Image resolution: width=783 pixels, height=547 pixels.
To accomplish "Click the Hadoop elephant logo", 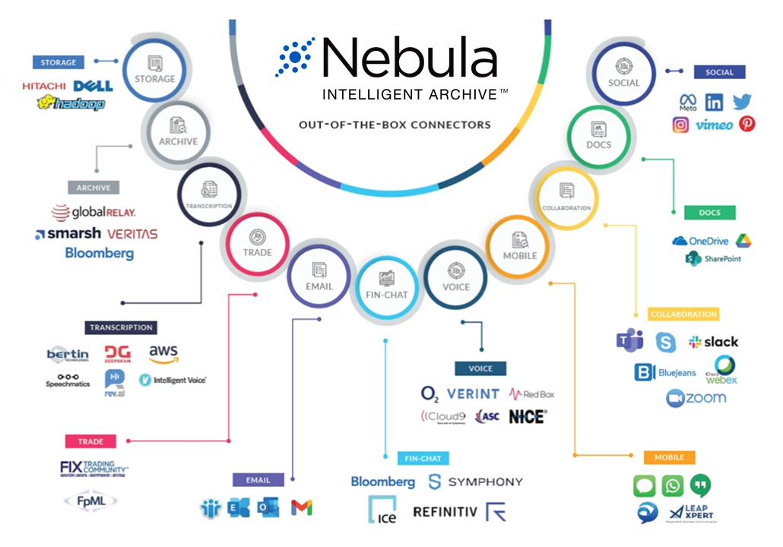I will coord(70,103).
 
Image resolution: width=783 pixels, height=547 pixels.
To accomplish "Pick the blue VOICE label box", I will coord(480,368).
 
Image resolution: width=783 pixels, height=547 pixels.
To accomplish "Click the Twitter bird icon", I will coord(742,102).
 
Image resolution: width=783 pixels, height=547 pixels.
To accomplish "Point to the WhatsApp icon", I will coord(672,485).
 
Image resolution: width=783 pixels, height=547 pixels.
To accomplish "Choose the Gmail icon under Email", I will coord(302,508).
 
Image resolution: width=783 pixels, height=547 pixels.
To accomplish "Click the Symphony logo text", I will coord(476,482).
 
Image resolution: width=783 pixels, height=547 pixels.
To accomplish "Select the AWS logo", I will coord(163,354).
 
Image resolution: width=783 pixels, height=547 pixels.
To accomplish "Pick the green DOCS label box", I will coord(709,213).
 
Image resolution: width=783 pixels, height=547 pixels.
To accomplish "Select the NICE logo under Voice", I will coord(527,416).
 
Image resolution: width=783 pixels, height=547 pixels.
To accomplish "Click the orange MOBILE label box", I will coord(669,457).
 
